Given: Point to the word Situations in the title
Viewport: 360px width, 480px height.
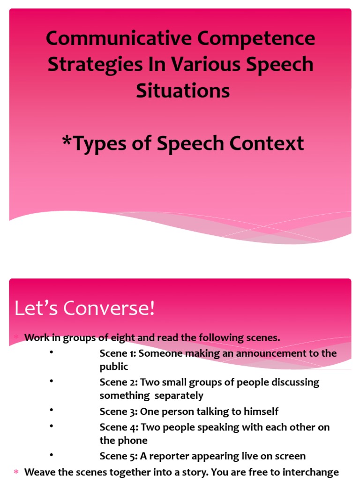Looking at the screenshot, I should [x=183, y=90].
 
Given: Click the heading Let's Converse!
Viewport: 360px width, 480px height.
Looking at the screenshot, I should [x=84, y=309].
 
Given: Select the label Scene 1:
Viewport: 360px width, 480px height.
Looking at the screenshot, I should [x=118, y=353].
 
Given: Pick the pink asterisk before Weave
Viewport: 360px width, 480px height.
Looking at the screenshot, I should [x=16, y=472].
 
